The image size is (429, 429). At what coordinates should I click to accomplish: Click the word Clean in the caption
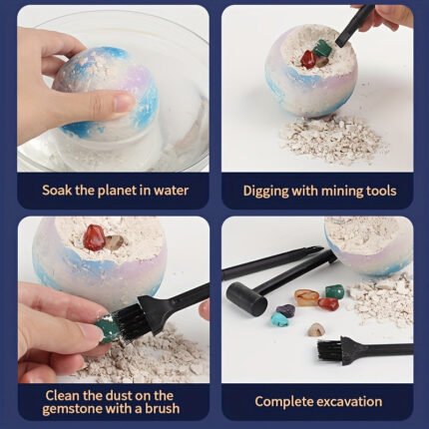(x=62, y=395)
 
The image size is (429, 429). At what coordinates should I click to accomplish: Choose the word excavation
(x=349, y=402)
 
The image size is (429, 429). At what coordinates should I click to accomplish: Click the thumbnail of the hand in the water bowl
(x=113, y=90)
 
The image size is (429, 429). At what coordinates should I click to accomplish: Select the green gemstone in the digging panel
(x=323, y=48)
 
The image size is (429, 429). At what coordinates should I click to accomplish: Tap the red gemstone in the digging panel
(x=307, y=60)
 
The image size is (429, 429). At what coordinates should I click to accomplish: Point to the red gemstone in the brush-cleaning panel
(x=94, y=237)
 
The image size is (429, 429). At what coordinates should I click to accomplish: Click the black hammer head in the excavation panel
(x=246, y=294)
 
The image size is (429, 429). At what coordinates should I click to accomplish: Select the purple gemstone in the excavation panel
(x=285, y=310)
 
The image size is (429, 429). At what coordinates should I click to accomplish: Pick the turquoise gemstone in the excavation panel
(x=280, y=319)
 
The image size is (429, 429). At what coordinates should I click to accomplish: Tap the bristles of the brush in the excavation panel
(x=328, y=352)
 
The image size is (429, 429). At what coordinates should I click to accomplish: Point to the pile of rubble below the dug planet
(x=332, y=138)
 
